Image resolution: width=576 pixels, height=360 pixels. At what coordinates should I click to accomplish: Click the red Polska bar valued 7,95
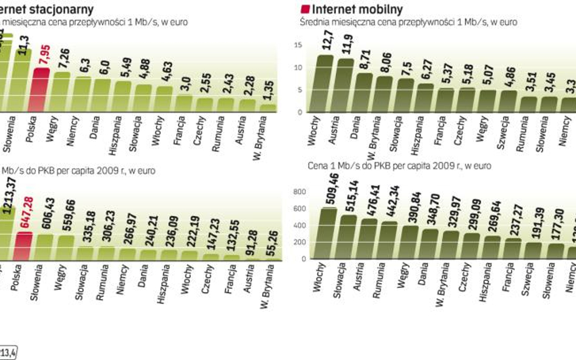(x=41, y=89)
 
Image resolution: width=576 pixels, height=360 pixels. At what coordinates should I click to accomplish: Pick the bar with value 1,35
(x=267, y=107)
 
